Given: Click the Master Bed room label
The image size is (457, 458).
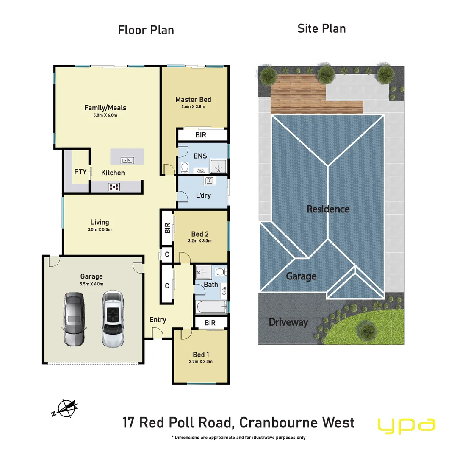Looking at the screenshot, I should click(193, 100).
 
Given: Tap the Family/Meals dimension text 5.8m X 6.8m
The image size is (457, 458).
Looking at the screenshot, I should click(105, 115).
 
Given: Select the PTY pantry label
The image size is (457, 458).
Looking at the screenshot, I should click(80, 172).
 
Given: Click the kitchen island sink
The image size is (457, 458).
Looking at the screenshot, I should click(127, 160).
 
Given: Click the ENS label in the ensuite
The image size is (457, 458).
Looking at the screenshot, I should click(200, 156).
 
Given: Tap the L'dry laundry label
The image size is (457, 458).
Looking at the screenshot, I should click(203, 195).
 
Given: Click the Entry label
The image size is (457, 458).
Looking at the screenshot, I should click(158, 320).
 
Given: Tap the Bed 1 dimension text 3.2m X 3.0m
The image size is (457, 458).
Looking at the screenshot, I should click(201, 362).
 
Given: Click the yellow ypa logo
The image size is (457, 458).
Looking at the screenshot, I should click(406, 425).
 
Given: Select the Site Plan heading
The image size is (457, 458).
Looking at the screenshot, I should click(321, 29).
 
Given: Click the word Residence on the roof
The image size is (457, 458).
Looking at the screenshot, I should click(328, 209).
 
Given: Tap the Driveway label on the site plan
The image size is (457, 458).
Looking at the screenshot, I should click(288, 322).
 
